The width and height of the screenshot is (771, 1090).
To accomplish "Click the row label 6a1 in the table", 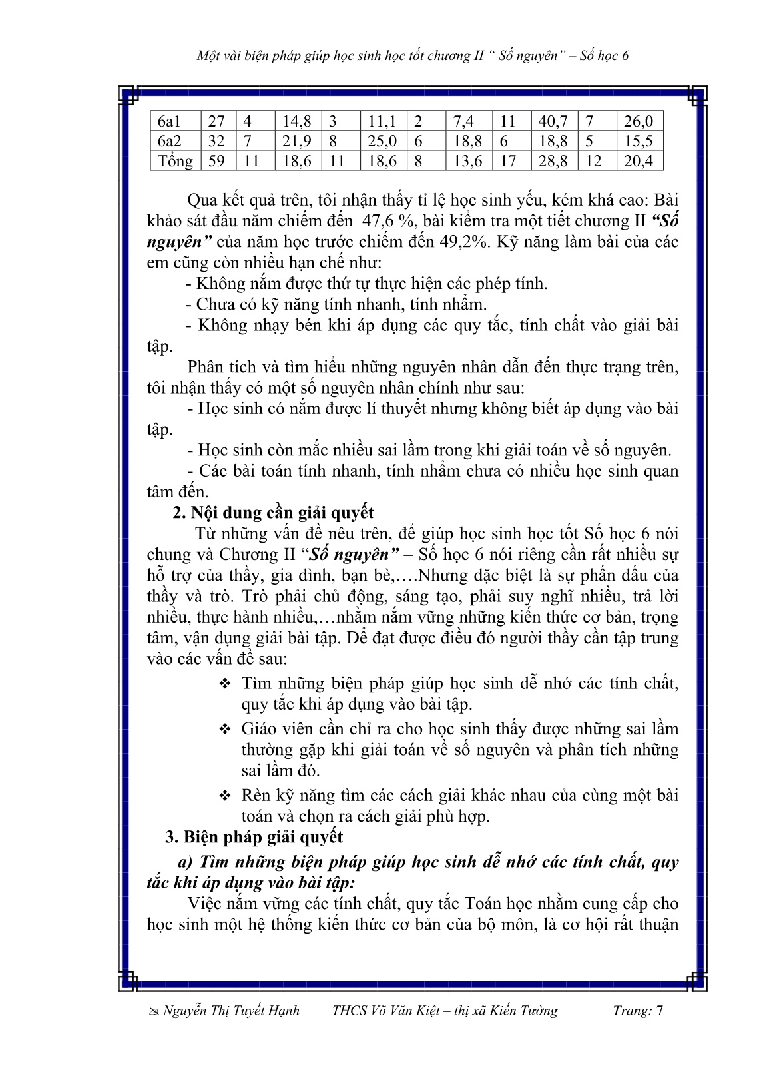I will coord(169,121).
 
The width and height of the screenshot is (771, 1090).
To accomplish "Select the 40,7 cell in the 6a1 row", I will coord(553,121).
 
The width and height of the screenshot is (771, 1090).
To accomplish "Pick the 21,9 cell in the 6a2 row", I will coord(296,141).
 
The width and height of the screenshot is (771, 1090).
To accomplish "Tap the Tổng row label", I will coord(174,161).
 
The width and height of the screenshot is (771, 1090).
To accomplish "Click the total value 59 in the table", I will coord(216,161).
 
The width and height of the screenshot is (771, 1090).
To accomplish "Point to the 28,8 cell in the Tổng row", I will coord(553,161).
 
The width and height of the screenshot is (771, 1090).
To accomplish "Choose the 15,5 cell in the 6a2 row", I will coord(639,141).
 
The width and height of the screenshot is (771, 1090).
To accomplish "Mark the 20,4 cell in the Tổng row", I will coord(639,161).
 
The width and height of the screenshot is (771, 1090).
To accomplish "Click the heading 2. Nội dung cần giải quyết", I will coord(273,513).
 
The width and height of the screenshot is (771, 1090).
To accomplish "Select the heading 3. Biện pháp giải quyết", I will coord(254,837).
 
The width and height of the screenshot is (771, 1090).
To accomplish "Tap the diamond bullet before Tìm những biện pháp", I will coord(224,684).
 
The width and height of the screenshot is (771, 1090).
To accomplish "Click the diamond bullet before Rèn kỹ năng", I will coord(224,796).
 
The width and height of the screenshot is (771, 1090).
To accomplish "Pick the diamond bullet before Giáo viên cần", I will coord(224,729).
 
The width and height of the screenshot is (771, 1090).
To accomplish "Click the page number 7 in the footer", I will coord(659,1011).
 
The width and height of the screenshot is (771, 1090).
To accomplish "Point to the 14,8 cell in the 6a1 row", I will coord(296,121).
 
